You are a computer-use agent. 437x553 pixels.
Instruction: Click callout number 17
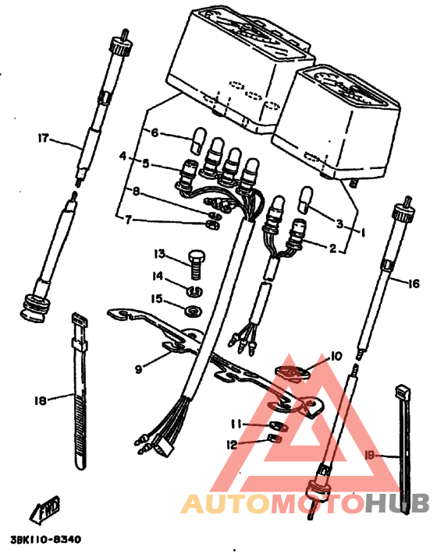click(x=43, y=139)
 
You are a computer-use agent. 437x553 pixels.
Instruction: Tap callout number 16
click(x=414, y=284)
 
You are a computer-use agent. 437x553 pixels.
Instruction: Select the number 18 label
click(x=41, y=400)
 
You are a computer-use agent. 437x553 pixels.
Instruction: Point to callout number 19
click(x=369, y=456)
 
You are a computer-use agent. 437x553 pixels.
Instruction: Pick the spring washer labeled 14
click(x=194, y=291)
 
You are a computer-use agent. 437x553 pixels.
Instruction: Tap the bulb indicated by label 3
click(x=305, y=199)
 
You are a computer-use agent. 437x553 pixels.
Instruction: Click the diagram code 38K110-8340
click(x=45, y=539)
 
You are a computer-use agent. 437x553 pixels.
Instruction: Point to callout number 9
click(x=139, y=369)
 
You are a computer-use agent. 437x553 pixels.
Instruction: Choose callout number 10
click(x=336, y=357)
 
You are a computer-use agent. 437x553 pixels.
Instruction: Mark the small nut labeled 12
click(x=275, y=439)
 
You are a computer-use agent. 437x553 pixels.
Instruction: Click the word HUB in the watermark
click(x=397, y=502)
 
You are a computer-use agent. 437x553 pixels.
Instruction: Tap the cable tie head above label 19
click(x=403, y=391)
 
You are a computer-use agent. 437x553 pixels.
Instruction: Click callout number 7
click(x=128, y=220)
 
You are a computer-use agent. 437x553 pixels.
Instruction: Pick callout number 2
click(x=332, y=248)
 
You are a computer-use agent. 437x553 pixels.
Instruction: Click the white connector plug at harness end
click(x=163, y=448)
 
